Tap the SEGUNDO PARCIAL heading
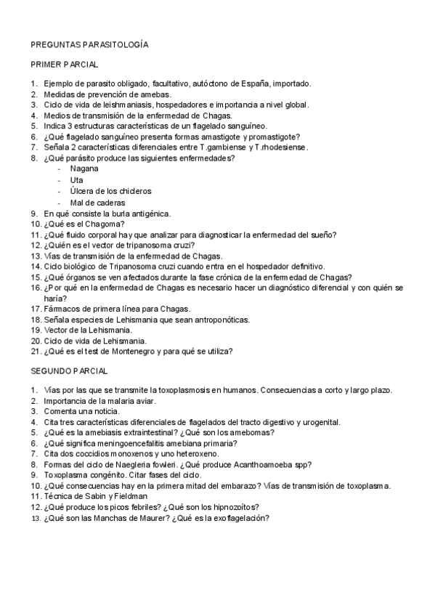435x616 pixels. (x=69, y=371)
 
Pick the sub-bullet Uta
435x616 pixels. (x=76, y=179)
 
